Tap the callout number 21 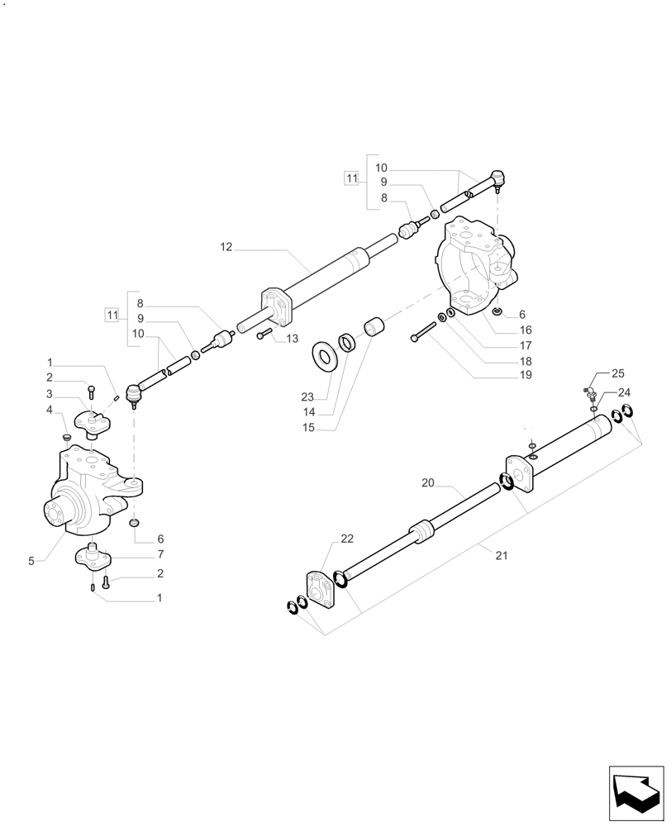pos(501,555)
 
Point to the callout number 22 pos(347,539)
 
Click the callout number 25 pos(619,374)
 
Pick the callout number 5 pos(31,561)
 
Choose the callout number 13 pos(292,339)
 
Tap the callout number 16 pos(526,330)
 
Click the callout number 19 pos(526,375)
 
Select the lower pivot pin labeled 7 pos(93,556)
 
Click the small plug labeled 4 pos(66,435)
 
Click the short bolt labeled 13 pos(264,334)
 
